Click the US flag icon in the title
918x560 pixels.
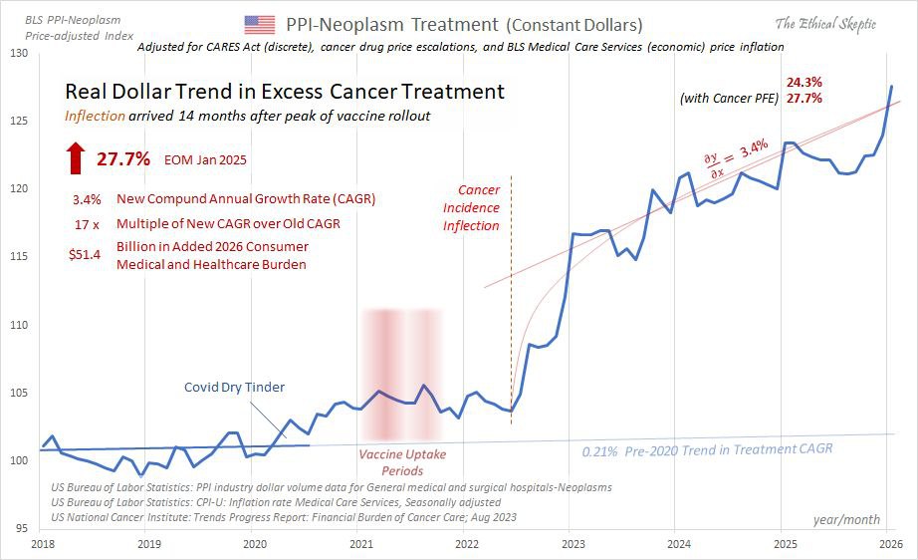260,24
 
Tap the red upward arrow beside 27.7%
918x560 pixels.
76,157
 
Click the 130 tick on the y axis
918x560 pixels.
19,53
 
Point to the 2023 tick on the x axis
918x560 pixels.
573,544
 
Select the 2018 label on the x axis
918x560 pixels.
42,544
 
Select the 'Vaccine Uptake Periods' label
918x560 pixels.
402,462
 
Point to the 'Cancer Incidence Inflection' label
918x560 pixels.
471,207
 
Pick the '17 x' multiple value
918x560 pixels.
85,223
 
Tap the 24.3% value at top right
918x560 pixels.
803,81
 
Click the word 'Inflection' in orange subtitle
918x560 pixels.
96,116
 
